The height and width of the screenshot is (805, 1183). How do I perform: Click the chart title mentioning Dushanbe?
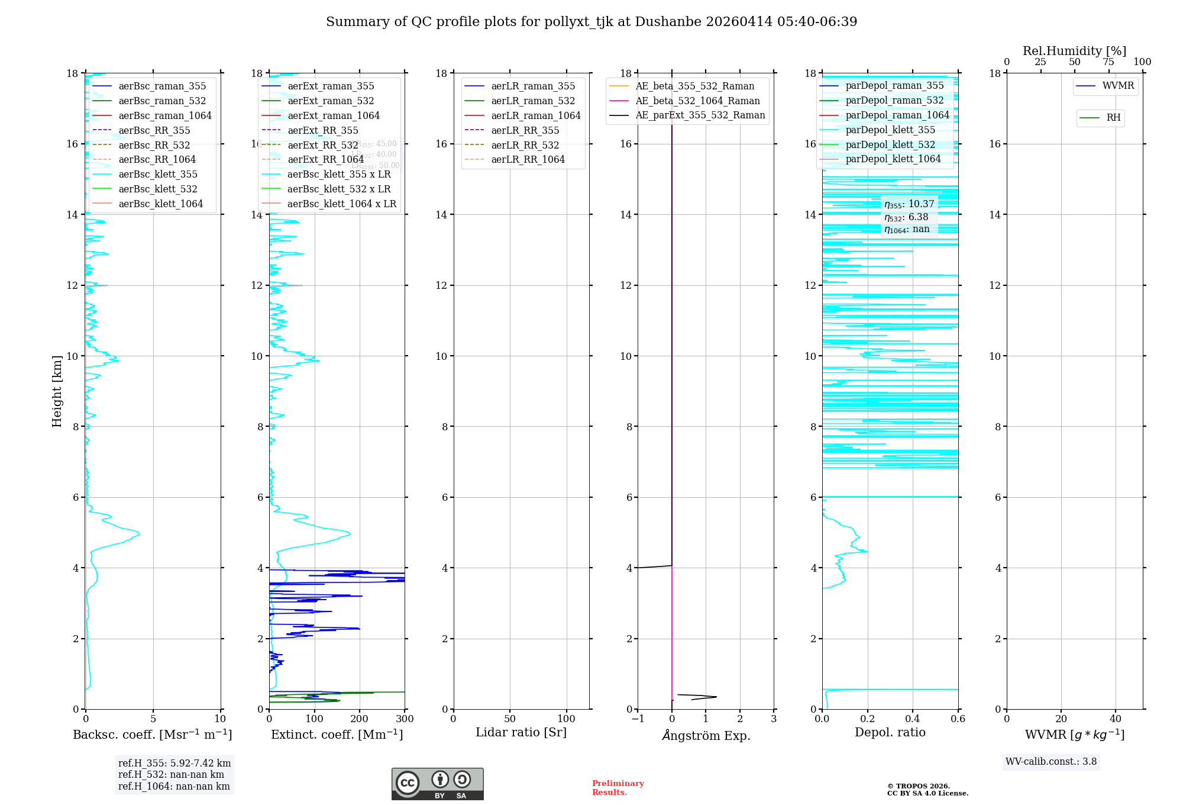tap(591, 22)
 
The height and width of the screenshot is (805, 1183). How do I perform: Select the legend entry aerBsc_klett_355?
tap(158, 175)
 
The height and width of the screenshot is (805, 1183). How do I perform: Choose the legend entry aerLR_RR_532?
tap(525, 145)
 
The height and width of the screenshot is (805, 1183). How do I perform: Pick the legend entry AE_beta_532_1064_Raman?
tap(697, 101)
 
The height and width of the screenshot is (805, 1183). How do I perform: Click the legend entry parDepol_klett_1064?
tap(893, 159)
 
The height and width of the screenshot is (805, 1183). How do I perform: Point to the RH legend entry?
tap(1113, 118)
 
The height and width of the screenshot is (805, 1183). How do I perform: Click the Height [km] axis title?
tap(57, 391)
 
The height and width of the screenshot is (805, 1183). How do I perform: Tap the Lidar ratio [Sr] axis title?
tap(521, 733)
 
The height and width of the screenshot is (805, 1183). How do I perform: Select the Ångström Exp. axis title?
tap(706, 736)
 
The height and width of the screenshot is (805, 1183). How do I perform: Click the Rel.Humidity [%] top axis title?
tap(1074, 51)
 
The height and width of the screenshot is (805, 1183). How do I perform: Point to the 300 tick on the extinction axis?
tap(405, 719)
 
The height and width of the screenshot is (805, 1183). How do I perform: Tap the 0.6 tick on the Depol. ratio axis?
tap(958, 719)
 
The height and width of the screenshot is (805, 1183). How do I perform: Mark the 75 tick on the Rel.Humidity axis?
tap(1108, 62)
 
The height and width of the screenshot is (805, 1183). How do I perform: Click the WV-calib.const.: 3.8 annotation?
tap(1051, 762)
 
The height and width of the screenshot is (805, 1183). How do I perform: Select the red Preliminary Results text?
tap(618, 788)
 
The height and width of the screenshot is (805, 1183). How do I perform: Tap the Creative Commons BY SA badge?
tap(437, 784)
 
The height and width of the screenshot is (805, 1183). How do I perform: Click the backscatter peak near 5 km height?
tap(138, 534)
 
